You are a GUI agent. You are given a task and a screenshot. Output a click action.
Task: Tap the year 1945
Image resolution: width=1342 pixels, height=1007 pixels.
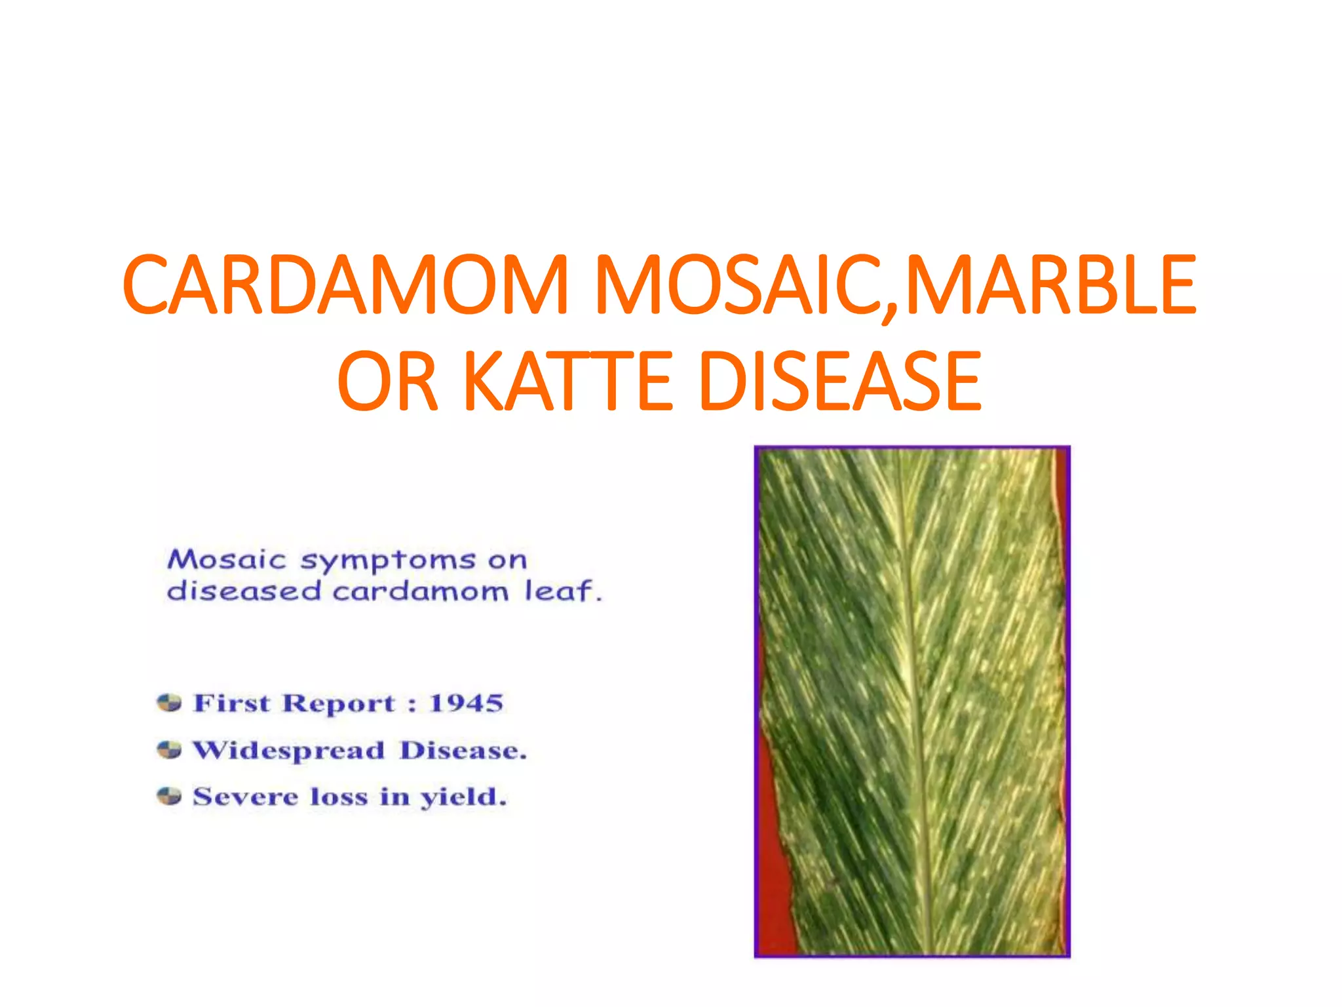(466, 703)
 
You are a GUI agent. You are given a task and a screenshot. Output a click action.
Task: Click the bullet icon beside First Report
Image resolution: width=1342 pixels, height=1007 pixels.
(169, 703)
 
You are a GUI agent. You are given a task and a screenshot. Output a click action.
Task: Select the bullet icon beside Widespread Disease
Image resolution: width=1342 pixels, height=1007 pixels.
(169, 749)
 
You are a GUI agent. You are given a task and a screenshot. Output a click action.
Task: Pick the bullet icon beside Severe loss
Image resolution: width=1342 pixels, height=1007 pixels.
(169, 796)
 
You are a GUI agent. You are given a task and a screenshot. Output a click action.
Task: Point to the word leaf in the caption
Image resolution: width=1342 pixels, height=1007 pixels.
(563, 590)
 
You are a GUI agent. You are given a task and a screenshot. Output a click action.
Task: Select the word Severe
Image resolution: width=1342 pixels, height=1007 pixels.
(245, 797)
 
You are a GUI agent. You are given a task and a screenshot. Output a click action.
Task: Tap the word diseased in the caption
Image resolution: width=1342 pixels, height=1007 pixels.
(244, 590)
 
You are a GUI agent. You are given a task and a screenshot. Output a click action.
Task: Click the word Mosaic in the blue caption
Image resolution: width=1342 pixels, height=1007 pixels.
(227, 559)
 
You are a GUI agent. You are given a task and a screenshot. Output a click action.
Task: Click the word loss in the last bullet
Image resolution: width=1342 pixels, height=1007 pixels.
(338, 797)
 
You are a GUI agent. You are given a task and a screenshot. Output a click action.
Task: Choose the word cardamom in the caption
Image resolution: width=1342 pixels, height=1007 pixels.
(420, 591)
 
